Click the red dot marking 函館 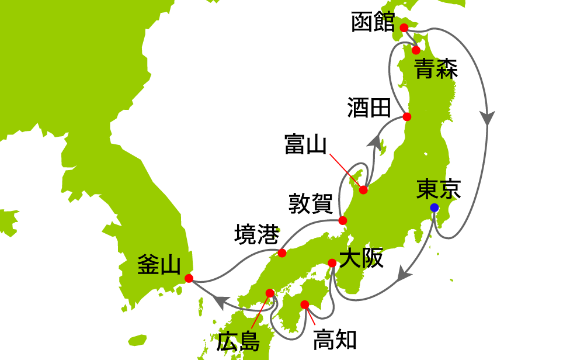tap(404, 27)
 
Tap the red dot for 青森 tap(416, 50)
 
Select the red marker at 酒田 tap(408, 117)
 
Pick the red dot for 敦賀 tap(343, 221)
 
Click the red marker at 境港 tap(282, 253)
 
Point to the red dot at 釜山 tap(189, 278)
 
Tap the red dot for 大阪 tap(332, 263)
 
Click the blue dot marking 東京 tap(434, 207)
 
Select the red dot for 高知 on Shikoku tap(304, 304)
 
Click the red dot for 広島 tap(269, 293)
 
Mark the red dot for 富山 tap(363, 190)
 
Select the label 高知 tap(335, 340)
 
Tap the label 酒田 tap(368, 108)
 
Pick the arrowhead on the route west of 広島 tap(221, 302)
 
